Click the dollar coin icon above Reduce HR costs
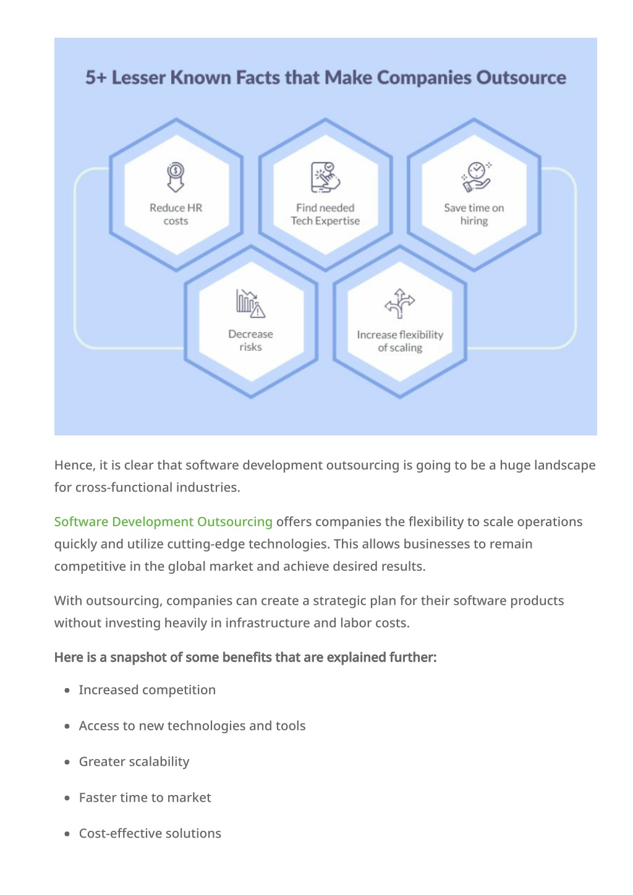[x=176, y=177]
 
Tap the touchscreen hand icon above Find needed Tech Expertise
[x=326, y=177]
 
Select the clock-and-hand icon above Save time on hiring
[x=476, y=177]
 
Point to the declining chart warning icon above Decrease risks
[x=251, y=303]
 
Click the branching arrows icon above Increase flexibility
[x=399, y=304]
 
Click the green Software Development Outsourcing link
[x=163, y=521]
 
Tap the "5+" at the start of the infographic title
[x=96, y=77]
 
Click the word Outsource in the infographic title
[x=521, y=77]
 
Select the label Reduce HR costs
[x=176, y=214]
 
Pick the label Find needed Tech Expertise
[x=325, y=214]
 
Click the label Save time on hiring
[x=474, y=214]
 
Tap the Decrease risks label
[x=251, y=340]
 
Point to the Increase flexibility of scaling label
[x=400, y=341]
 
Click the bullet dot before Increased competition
[x=67, y=691]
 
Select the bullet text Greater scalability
[x=134, y=762]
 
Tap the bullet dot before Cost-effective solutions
[x=67, y=834]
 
